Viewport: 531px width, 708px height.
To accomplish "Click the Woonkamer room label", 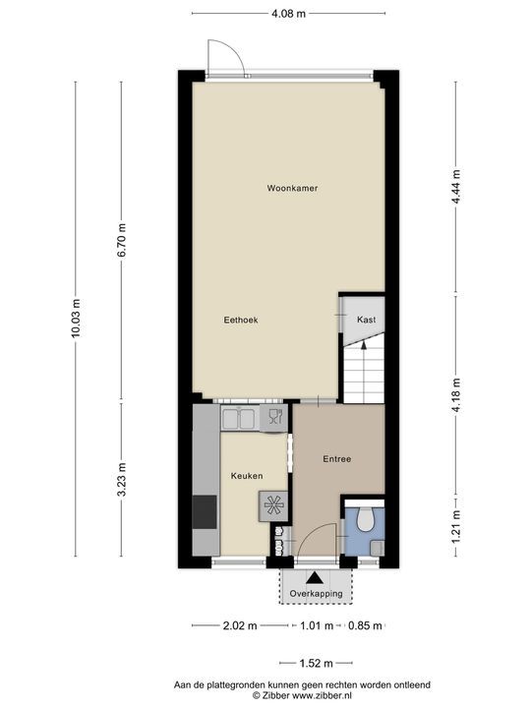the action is coord(292,188).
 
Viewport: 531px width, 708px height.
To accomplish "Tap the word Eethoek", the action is coord(241,320).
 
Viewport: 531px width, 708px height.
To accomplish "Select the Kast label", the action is coord(366,320).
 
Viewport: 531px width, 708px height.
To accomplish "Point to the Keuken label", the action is coord(247,476).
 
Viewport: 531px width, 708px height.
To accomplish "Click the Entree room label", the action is coord(337,459).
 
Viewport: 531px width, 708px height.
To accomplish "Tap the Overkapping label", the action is coord(316,594).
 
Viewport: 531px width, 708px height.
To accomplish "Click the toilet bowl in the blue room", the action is coord(365,519).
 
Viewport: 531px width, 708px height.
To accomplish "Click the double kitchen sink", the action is coord(240,418).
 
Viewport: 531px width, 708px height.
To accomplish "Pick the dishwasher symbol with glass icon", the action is coord(273,418).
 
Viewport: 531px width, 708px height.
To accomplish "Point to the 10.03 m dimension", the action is coord(76,318).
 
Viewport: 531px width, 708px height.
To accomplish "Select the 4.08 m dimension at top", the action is coord(288,14).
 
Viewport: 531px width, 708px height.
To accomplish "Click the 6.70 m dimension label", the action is coord(122,240).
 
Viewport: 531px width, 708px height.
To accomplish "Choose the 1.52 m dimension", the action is coord(316,664).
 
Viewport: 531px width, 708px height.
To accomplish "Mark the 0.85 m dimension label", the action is coord(365,625).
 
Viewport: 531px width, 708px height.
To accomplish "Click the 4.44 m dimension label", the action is coord(456,187).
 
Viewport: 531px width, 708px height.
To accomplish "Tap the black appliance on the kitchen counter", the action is coord(205,512).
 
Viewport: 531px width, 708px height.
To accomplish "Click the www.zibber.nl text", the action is coord(323,696).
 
